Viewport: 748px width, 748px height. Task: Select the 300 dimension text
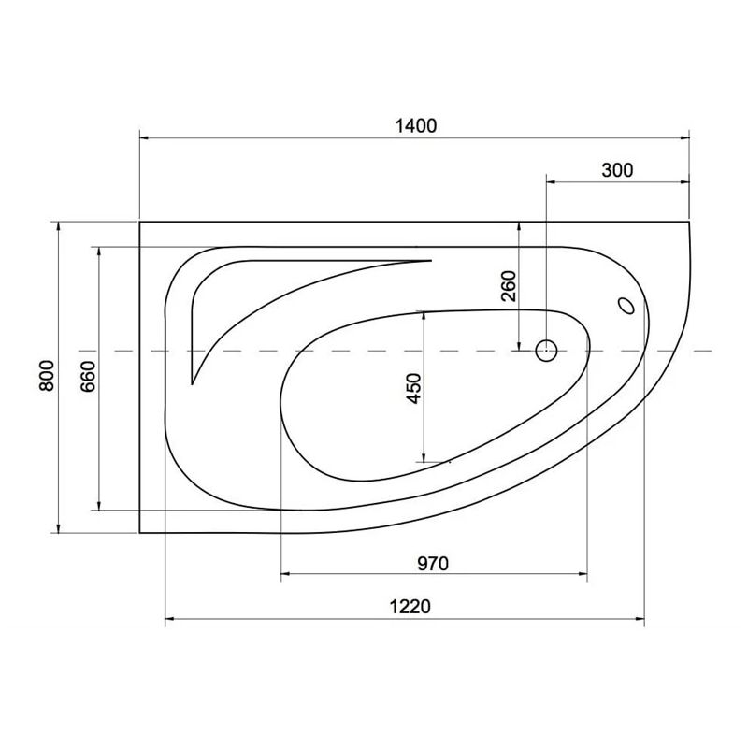click(x=617, y=169)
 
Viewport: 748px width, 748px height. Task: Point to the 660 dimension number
click(x=88, y=377)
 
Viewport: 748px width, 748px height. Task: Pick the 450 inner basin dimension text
click(x=414, y=388)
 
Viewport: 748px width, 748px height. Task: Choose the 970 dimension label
click(x=434, y=564)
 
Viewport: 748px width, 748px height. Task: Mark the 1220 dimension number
click(x=409, y=607)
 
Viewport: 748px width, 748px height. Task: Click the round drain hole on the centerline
click(x=546, y=352)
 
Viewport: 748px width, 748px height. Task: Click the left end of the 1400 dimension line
click(x=139, y=138)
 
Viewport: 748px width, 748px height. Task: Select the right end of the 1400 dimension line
click(x=690, y=138)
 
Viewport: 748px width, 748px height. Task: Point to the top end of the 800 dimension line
click(x=58, y=222)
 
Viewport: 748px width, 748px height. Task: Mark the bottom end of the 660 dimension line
click(x=98, y=511)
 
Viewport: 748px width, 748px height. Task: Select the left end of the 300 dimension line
click(x=546, y=180)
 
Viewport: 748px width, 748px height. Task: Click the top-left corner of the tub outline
click(x=139, y=222)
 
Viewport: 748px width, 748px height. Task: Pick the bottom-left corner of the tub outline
click(x=139, y=533)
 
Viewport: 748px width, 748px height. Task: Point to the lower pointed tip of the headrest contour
click(x=192, y=383)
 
